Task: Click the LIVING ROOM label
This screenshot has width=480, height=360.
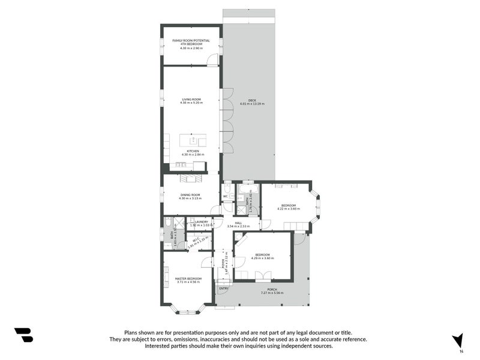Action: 191,99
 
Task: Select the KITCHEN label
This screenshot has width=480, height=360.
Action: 192,151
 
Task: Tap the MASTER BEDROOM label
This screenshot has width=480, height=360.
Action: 188,278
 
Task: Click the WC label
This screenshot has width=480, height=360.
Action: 226,196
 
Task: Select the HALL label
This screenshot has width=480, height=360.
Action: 238,223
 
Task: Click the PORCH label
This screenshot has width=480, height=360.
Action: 272,289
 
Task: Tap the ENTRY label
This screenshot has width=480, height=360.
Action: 223,289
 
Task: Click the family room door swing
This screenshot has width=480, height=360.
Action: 212,60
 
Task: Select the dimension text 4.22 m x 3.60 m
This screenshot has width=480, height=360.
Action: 288,209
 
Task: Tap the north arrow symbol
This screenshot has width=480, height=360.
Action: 458,340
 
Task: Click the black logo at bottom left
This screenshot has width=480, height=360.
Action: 23,335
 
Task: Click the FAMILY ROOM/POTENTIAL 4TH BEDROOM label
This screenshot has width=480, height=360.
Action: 191,43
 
